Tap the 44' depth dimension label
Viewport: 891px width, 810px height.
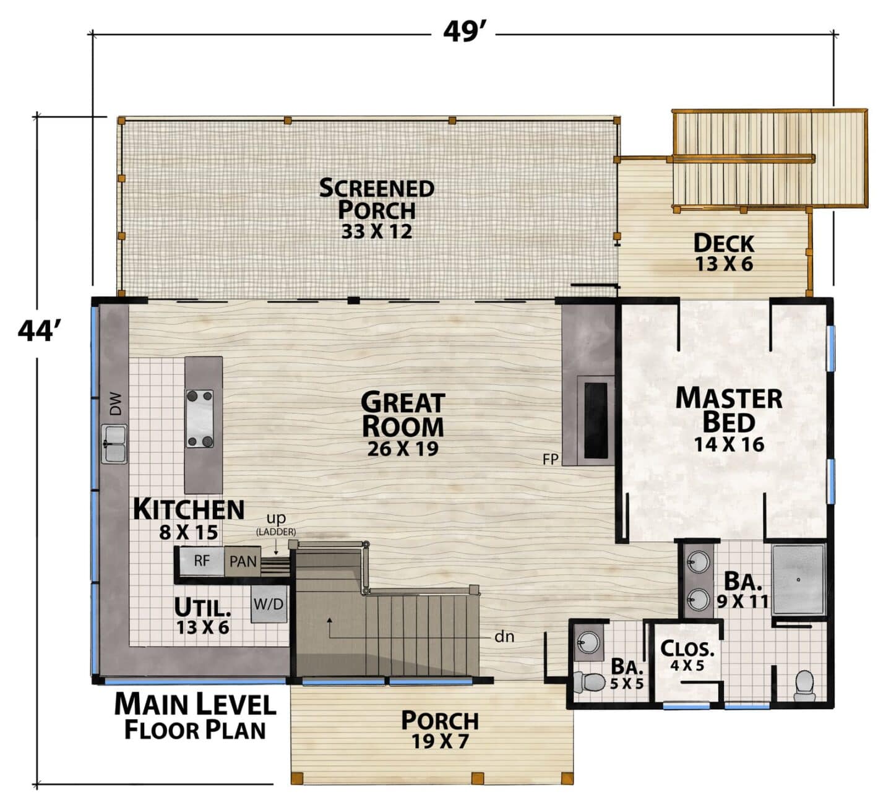click(x=38, y=330)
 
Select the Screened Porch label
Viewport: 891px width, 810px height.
click(x=377, y=209)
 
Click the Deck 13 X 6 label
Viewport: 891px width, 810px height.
click(x=723, y=252)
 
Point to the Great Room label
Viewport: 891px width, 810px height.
click(x=402, y=423)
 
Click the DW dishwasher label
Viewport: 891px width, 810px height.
click(x=116, y=403)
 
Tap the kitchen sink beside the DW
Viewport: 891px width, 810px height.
click(x=114, y=444)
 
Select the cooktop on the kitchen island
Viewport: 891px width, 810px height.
click(x=200, y=418)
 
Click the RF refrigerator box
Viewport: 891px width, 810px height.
click(x=202, y=561)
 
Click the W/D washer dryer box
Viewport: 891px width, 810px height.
click(x=269, y=604)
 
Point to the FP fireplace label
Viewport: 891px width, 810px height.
click(x=550, y=459)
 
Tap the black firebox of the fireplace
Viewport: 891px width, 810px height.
click(x=596, y=420)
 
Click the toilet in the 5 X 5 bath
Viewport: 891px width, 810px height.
click(x=590, y=682)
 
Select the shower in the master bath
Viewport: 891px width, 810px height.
click(x=798, y=580)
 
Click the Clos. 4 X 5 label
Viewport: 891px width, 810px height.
click(x=687, y=655)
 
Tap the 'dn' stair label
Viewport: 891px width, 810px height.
click(x=504, y=637)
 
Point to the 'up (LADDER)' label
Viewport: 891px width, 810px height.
click(x=276, y=524)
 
